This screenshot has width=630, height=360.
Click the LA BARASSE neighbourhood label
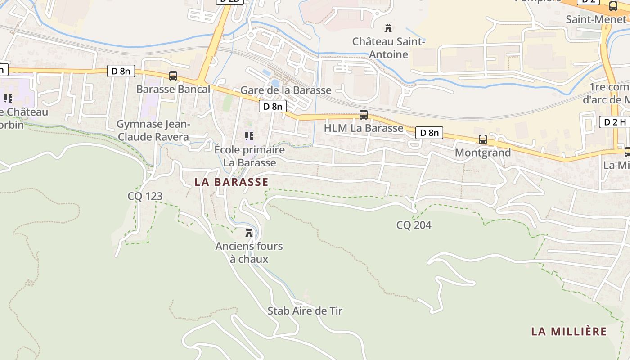tap(231, 182)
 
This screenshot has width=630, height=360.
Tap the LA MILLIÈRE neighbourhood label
tap(569, 332)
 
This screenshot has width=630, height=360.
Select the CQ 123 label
tap(145, 196)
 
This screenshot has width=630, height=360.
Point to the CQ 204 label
tap(414, 225)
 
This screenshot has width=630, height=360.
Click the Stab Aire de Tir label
tap(305, 311)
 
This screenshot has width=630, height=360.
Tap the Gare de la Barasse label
tap(286, 90)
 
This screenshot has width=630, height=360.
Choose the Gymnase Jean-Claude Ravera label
tap(153, 130)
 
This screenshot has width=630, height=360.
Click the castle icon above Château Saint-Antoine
tap(388, 29)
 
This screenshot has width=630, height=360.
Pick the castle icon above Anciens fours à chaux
tap(249, 233)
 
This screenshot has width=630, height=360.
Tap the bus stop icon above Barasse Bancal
tap(173, 76)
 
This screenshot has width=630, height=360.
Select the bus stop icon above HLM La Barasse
tap(364, 115)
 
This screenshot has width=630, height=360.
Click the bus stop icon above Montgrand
tap(483, 139)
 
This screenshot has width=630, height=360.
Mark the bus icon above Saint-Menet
tap(613, 6)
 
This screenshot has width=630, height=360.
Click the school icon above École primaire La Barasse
tap(249, 136)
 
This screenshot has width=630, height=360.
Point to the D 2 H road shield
tap(615, 122)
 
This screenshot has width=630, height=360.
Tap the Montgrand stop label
tap(483, 153)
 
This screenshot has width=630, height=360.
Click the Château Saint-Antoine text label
tap(388, 48)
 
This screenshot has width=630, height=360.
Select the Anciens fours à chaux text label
tap(249, 252)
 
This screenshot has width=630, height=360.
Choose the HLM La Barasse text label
tap(364, 128)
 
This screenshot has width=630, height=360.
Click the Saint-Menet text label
tap(596, 19)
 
